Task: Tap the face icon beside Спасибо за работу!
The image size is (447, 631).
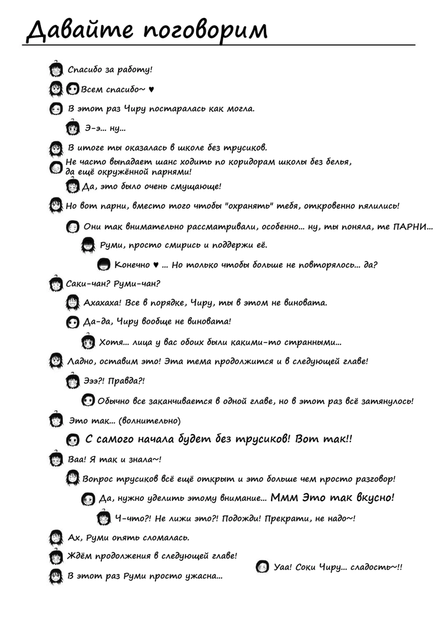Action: pos(56,69)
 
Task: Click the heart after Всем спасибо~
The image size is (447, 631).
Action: pos(151,89)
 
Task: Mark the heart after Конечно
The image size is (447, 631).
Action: pos(156,265)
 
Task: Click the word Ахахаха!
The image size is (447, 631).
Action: pos(102,303)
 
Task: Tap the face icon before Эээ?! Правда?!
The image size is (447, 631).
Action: pos(73,381)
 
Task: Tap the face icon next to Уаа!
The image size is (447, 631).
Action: pos(262,567)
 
